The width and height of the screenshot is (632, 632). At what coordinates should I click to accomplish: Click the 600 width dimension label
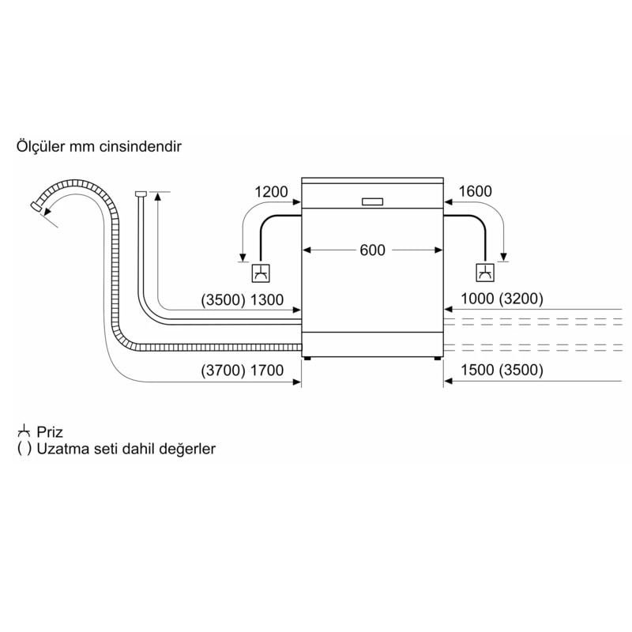[372, 250]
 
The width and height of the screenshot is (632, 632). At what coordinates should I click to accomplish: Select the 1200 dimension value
[271, 191]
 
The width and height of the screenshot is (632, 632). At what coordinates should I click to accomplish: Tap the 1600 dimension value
[475, 191]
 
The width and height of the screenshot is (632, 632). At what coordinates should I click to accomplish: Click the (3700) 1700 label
[242, 371]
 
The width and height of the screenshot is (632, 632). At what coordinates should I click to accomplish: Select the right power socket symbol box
[484, 273]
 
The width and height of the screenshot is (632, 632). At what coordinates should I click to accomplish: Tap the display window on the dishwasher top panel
[372, 201]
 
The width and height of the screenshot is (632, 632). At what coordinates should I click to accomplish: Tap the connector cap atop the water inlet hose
[141, 193]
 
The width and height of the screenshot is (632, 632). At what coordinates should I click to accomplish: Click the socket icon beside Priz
[24, 431]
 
